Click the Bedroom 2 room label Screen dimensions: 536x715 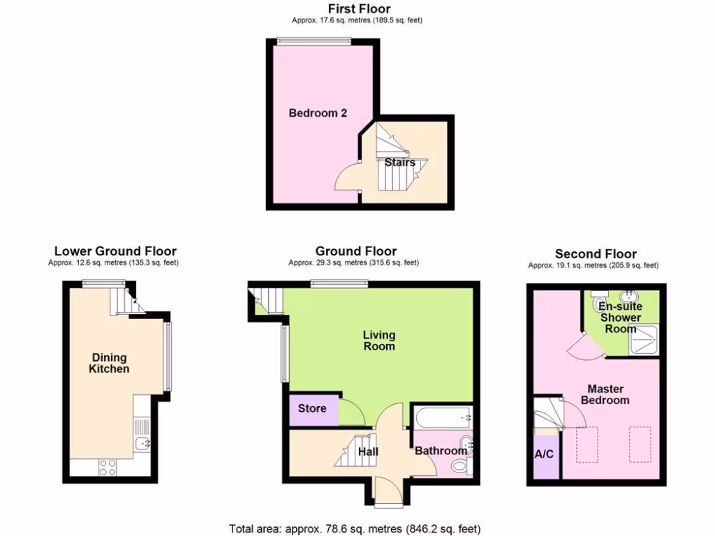tap(318, 112)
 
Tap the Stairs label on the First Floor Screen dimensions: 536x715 tap(399, 162)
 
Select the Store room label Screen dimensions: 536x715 tap(311, 408)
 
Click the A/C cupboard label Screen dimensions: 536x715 tap(544, 454)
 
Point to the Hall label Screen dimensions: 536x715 tap(368, 452)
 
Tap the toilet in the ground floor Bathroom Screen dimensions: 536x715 tap(460, 467)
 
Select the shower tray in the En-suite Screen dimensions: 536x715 tap(644, 342)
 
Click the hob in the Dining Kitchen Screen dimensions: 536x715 tap(108, 467)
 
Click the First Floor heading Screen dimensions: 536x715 tap(355, 8)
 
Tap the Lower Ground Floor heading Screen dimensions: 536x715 tap(115, 251)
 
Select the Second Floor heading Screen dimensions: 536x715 tap(596, 253)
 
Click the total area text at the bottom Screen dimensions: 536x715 tap(355, 528)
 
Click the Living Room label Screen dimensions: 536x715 tap(378, 341)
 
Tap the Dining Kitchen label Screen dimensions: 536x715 tap(109, 363)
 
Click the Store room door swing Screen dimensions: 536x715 tap(351, 412)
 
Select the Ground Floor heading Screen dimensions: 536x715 tap(355, 251)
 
